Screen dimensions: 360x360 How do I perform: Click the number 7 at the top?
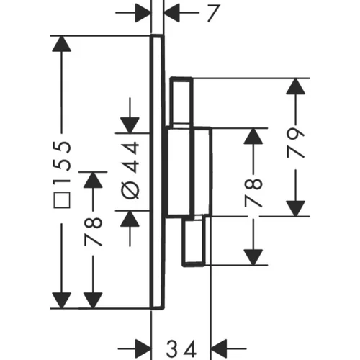tap(213, 13)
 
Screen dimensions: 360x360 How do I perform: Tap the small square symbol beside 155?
tap(62, 200)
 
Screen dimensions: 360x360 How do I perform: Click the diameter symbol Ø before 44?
tap(130, 189)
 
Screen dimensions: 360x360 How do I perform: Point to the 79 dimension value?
tap(295, 143)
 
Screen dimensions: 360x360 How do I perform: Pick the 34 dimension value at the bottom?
tap(181, 349)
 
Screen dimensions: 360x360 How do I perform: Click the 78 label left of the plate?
tap(94, 232)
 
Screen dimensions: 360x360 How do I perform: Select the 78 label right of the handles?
tap(253, 193)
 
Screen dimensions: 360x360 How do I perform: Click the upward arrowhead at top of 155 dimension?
tap(62, 44)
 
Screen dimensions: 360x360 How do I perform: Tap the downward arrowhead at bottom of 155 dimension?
tap(62, 300)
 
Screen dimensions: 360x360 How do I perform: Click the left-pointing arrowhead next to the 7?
tap(172, 13)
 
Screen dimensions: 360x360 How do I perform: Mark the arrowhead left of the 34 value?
tap(143, 348)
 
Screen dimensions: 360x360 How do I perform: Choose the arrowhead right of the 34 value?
tap(219, 348)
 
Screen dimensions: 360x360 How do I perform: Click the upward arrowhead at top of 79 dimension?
tap(295, 86)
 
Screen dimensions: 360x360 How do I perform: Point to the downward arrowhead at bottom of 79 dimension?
tap(295, 209)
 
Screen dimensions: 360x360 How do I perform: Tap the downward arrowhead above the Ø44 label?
tap(130, 125)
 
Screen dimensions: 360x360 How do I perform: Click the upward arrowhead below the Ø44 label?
tap(130, 219)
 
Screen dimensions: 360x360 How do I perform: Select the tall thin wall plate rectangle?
tap(158, 172)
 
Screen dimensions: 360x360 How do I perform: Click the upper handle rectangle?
tap(181, 102)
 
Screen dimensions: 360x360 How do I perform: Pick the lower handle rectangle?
tap(194, 240)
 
